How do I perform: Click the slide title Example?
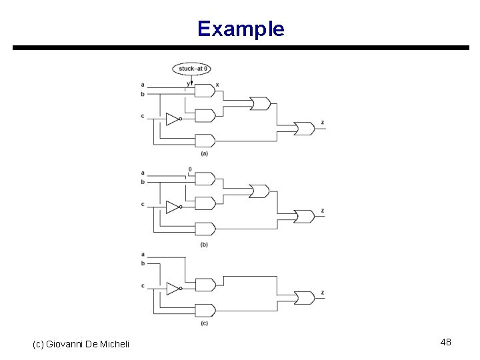tap(241, 29)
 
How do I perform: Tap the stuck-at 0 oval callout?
tap(192, 68)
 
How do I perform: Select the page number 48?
tap(445, 342)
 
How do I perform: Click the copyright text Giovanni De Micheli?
tap(81, 343)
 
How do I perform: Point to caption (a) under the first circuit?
tap(204, 153)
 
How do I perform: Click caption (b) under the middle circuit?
tap(204, 245)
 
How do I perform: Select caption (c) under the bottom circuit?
tap(204, 323)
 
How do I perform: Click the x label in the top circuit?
tap(217, 85)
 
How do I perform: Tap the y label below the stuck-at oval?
tap(188, 83)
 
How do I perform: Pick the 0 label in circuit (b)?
tap(190, 169)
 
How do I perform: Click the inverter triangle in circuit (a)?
tap(172, 119)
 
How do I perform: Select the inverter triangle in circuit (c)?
tap(172, 289)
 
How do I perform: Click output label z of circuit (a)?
tap(323, 123)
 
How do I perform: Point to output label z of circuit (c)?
tap(323, 292)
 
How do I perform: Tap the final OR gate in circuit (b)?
tap(305, 217)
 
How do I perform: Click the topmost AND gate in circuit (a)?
tap(204, 91)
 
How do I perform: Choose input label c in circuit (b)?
tap(143, 204)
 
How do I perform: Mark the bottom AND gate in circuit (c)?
tap(204, 310)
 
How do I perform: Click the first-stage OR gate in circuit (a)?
tap(259, 103)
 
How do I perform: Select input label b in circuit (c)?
tap(143, 263)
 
